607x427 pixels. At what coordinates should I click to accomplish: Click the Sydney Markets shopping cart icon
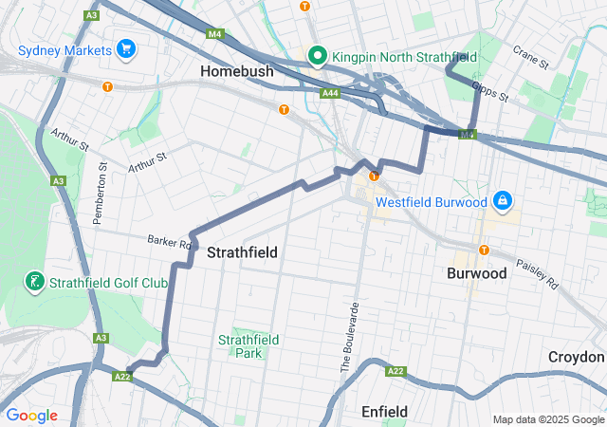coord(125,48)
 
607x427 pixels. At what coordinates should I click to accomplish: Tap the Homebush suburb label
coord(237,71)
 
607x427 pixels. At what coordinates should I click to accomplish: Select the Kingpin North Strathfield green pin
coord(317,57)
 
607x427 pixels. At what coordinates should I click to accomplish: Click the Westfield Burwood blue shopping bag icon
coord(502,201)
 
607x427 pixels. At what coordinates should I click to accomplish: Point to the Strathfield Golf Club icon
coord(34,282)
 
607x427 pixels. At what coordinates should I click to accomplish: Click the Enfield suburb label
coord(385,411)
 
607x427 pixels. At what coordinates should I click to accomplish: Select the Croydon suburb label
coord(576,357)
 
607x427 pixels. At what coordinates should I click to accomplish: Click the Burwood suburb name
coord(476,272)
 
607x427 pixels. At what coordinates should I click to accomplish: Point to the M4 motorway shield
coord(214,34)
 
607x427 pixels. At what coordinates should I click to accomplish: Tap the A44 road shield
coord(331,93)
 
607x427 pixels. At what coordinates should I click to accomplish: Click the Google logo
coord(31,416)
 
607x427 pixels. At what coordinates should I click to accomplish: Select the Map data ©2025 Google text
coord(547,419)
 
